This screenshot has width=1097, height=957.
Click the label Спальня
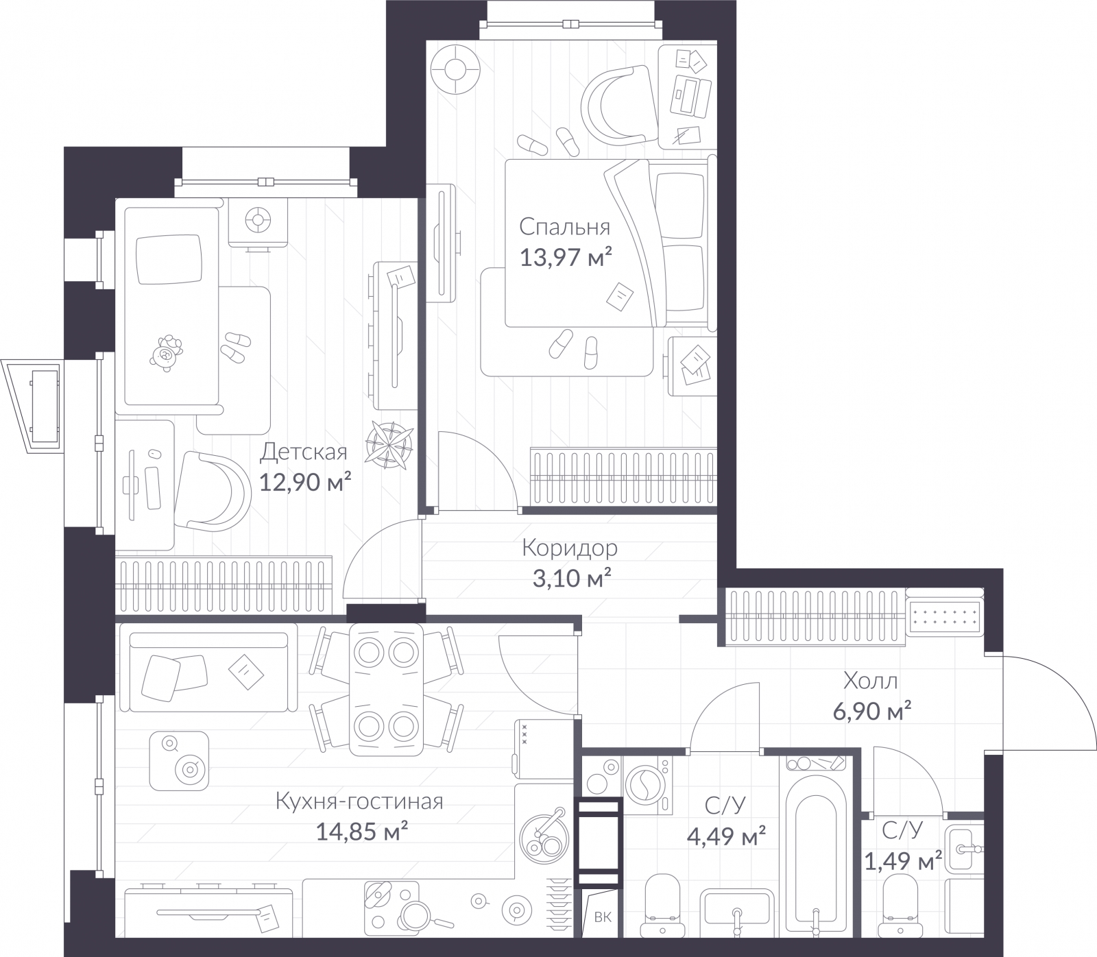coord(564,226)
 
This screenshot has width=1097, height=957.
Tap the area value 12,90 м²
coord(305,482)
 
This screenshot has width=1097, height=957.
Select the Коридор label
coord(569,548)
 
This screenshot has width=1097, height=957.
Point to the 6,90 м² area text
coord(871,711)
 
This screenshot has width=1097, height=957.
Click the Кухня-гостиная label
coord(359,801)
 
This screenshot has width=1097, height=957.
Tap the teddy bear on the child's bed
coord(165,354)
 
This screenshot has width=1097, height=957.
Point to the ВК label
coord(603,936)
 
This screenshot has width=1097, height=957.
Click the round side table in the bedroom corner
coord(454,69)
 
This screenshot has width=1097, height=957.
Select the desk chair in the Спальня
coord(617,103)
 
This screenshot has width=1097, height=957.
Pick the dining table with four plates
coord(385,688)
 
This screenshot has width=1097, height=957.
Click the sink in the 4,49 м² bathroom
coord(736,912)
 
